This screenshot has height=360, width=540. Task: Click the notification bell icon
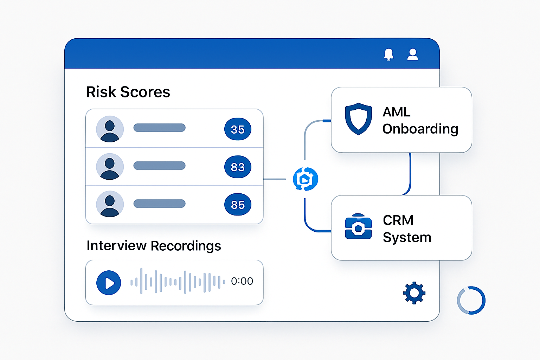pos(388,54)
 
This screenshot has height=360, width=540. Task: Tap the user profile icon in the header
pos(412,54)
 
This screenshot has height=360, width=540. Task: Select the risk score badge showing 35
pos(238,129)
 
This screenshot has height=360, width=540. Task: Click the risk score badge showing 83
pos(238,167)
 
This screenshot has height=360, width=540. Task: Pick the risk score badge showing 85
pos(238,205)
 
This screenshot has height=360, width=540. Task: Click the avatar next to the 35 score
pos(110,129)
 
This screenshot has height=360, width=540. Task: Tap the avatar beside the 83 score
pos(110,167)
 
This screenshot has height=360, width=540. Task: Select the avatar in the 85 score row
pos(110,204)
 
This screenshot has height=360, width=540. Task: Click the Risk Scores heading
pos(128,92)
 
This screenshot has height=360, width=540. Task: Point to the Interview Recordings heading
pos(154,246)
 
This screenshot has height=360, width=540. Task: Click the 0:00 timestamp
pos(242,281)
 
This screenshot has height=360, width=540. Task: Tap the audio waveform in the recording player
pos(178,281)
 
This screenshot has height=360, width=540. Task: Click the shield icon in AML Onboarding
pos(358,119)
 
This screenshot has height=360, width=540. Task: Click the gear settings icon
pos(414,293)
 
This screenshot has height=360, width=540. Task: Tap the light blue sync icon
pos(306,179)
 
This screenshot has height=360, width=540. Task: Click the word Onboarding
pos(420,129)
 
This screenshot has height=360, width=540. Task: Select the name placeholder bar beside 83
pos(159,166)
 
